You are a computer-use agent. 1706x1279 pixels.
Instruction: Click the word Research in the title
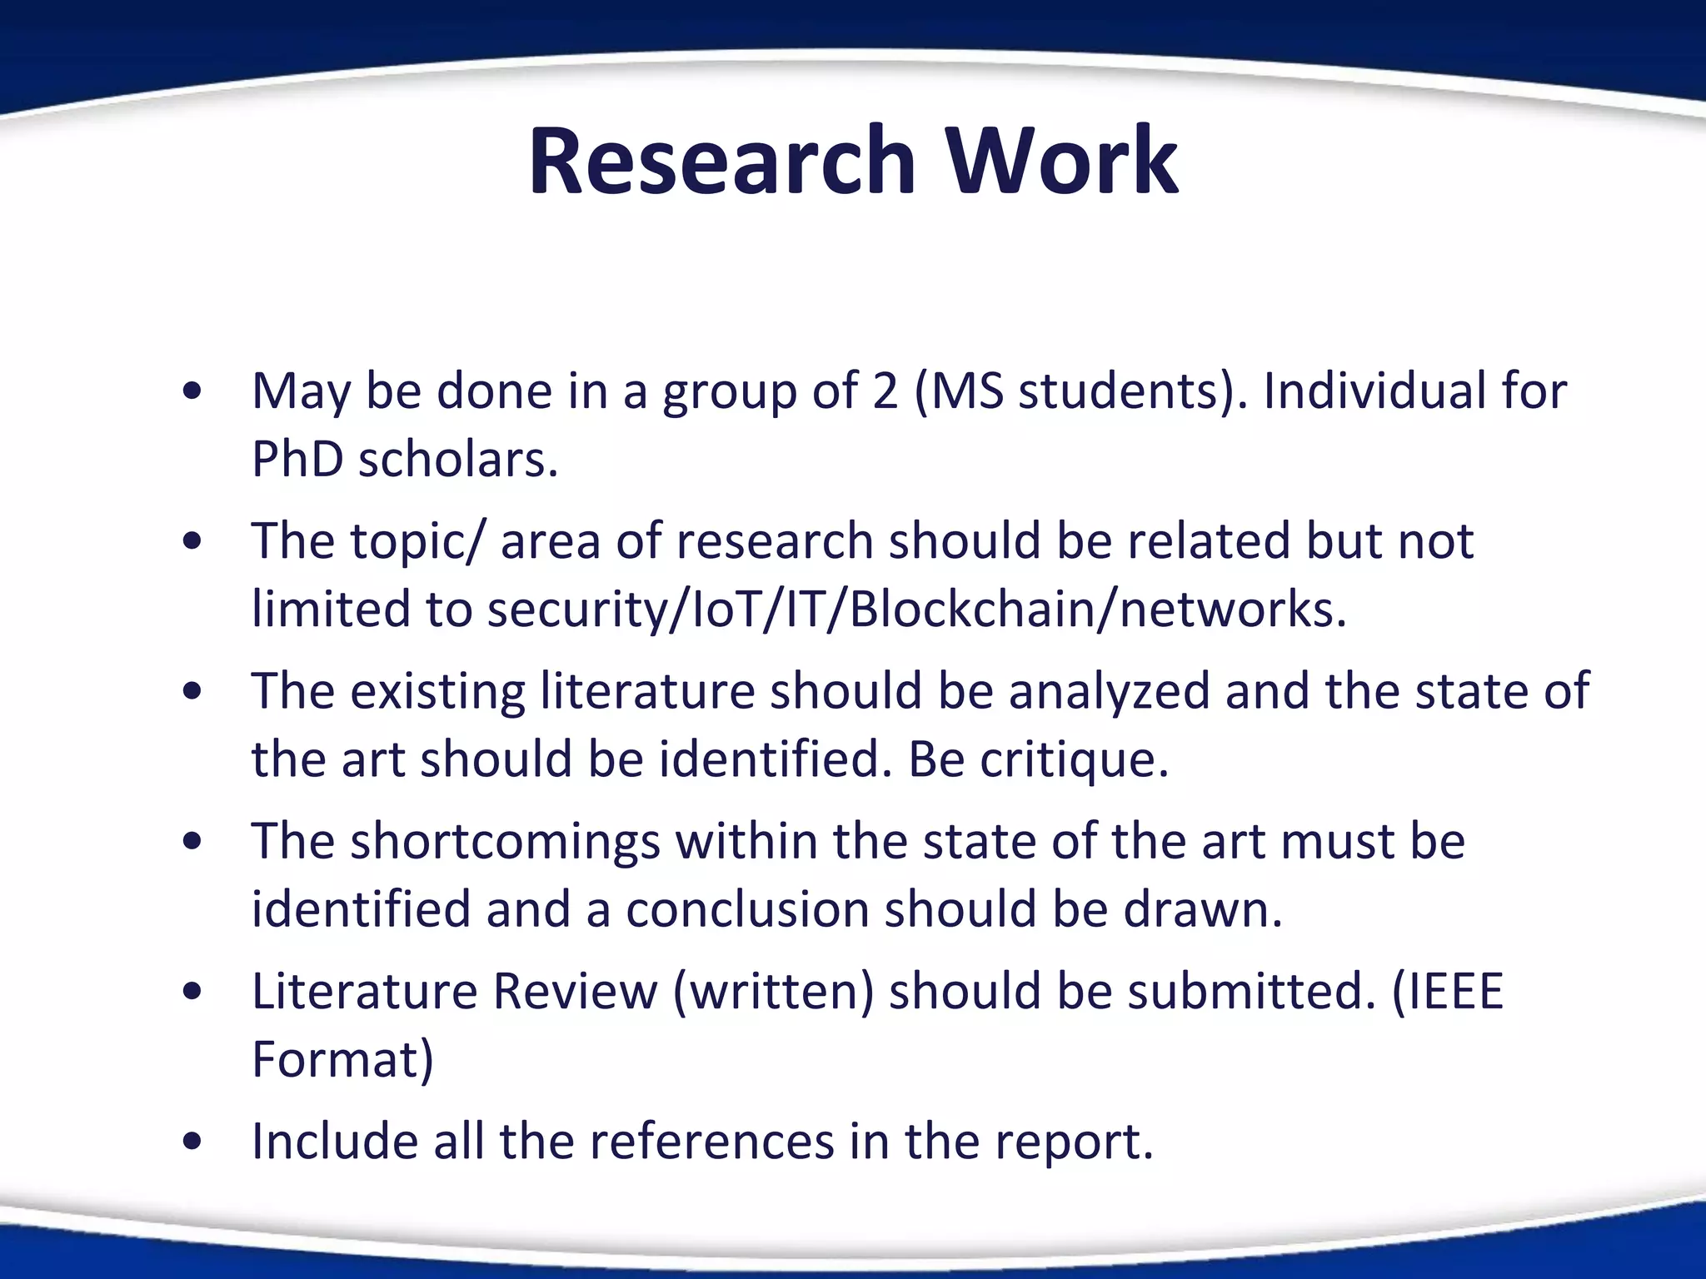coord(721,160)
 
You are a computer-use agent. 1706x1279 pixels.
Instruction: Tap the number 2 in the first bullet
coord(885,391)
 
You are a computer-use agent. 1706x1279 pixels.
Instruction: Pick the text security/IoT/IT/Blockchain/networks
coord(916,609)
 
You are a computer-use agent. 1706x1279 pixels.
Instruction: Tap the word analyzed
coord(1109,691)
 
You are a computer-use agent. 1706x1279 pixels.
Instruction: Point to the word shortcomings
coord(505,841)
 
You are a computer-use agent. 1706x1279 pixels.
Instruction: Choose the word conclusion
coord(747,908)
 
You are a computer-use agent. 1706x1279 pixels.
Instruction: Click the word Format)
coord(342,1059)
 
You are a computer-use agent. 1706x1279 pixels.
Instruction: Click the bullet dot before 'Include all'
coord(192,1142)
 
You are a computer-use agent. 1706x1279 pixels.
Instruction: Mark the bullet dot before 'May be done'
coord(192,391)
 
